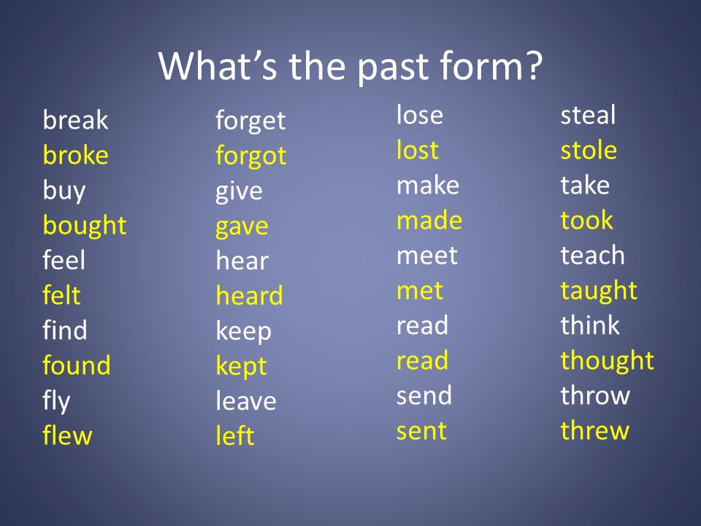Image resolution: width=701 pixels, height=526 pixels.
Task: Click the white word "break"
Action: click(x=75, y=119)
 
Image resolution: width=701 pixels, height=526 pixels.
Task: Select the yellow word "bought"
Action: click(x=85, y=226)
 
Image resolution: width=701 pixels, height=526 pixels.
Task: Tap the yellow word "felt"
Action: click(x=61, y=294)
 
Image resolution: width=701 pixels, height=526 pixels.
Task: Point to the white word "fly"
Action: click(x=56, y=401)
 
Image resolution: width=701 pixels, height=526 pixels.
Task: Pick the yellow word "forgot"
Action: click(x=250, y=156)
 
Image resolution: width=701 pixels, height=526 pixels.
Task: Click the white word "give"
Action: click(x=239, y=192)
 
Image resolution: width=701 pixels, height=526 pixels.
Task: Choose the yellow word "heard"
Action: click(x=250, y=295)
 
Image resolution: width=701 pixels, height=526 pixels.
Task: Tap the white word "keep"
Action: click(x=244, y=332)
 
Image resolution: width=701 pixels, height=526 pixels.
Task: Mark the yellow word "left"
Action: click(x=235, y=435)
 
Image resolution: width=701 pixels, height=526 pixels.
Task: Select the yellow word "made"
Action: click(x=429, y=220)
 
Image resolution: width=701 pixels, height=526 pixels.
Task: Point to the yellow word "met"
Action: click(x=420, y=291)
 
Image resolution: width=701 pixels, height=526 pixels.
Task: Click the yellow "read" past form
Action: click(x=423, y=360)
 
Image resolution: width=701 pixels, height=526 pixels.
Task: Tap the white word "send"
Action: click(x=424, y=395)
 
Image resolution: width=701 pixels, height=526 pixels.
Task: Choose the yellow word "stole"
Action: click(x=589, y=150)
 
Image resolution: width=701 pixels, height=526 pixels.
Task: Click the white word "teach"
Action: click(x=593, y=255)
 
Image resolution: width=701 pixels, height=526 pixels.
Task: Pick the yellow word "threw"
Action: click(x=595, y=430)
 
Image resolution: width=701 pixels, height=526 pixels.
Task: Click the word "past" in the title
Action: click(x=393, y=67)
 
